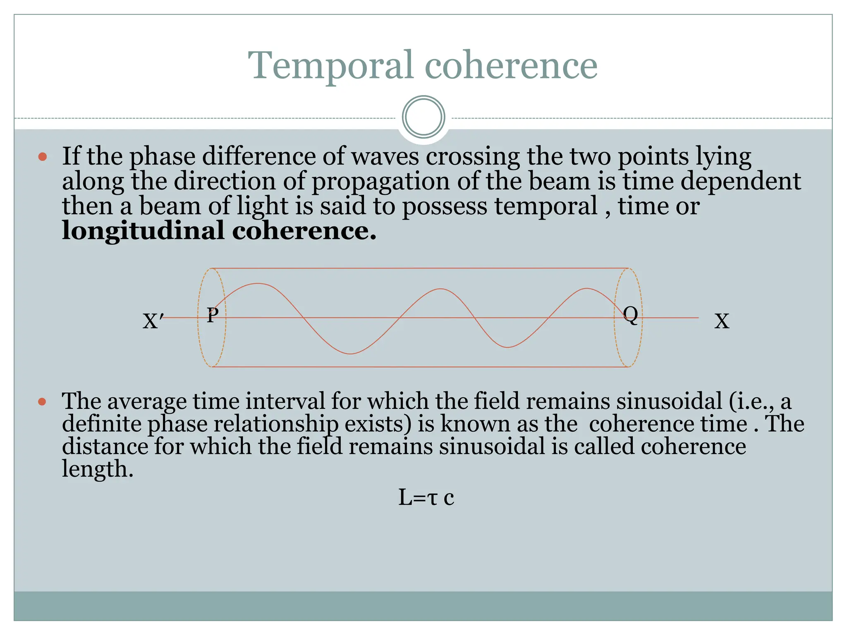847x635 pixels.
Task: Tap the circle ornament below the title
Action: [x=423, y=117]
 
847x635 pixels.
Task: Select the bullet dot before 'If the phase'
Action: [x=42, y=157]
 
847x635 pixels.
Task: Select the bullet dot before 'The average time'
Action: [x=42, y=401]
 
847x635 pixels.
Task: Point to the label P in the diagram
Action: [x=213, y=315]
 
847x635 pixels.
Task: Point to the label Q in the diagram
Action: [x=630, y=315]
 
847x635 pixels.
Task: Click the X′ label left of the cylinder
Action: [x=153, y=321]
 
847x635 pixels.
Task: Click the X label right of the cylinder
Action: [x=722, y=321]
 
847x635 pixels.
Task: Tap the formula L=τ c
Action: [x=426, y=497]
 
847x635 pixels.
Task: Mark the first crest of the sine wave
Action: [x=258, y=284]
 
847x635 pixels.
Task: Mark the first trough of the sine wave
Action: [x=351, y=354]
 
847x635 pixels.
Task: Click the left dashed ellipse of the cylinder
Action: [x=199, y=317]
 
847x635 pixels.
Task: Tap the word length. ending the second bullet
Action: [x=98, y=469]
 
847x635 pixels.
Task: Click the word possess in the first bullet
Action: [x=445, y=207]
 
